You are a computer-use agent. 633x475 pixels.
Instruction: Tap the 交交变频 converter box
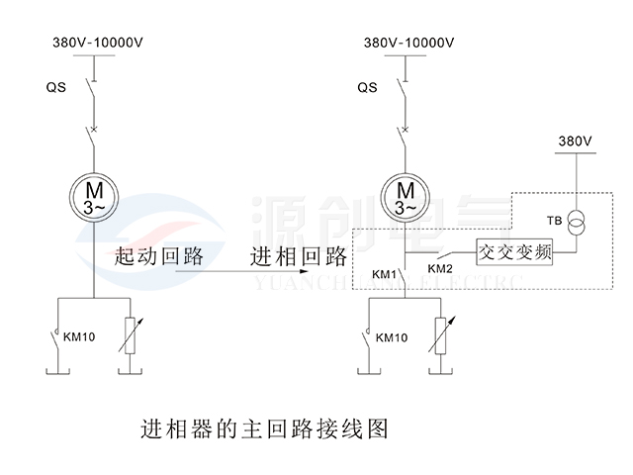point(514,252)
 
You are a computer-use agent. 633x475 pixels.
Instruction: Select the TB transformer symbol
point(576,223)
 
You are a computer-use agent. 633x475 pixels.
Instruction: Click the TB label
point(554,221)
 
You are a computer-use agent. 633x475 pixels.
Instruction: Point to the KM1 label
point(384,275)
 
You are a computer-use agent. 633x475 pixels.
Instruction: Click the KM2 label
point(440,268)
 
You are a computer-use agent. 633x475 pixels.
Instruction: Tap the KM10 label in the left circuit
point(79,336)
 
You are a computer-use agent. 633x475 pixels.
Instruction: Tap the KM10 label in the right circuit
point(392,337)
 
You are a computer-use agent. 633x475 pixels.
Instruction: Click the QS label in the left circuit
point(55,87)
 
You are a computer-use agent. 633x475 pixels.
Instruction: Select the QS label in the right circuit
point(367,87)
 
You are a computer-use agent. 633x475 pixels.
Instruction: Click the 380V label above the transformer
point(576,141)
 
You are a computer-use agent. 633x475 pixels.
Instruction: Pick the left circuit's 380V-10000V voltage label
point(98,43)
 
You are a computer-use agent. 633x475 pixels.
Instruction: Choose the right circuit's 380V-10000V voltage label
point(408,43)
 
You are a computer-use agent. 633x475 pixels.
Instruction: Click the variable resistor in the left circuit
point(130,335)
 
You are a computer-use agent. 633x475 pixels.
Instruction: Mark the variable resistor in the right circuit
point(441,335)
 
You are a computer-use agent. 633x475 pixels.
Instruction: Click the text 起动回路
point(159,256)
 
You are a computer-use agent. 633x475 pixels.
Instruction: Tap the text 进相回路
point(299,256)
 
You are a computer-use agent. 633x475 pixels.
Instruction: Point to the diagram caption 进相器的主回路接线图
point(264,428)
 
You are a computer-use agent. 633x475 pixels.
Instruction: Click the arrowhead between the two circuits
point(305,271)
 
